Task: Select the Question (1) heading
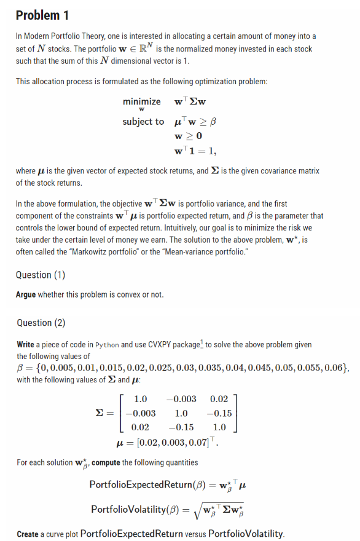[x=41, y=275]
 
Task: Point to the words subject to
[x=143, y=121]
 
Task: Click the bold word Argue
[x=26, y=294]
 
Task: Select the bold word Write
[x=26, y=345]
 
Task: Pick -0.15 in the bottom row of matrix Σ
[x=183, y=427]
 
